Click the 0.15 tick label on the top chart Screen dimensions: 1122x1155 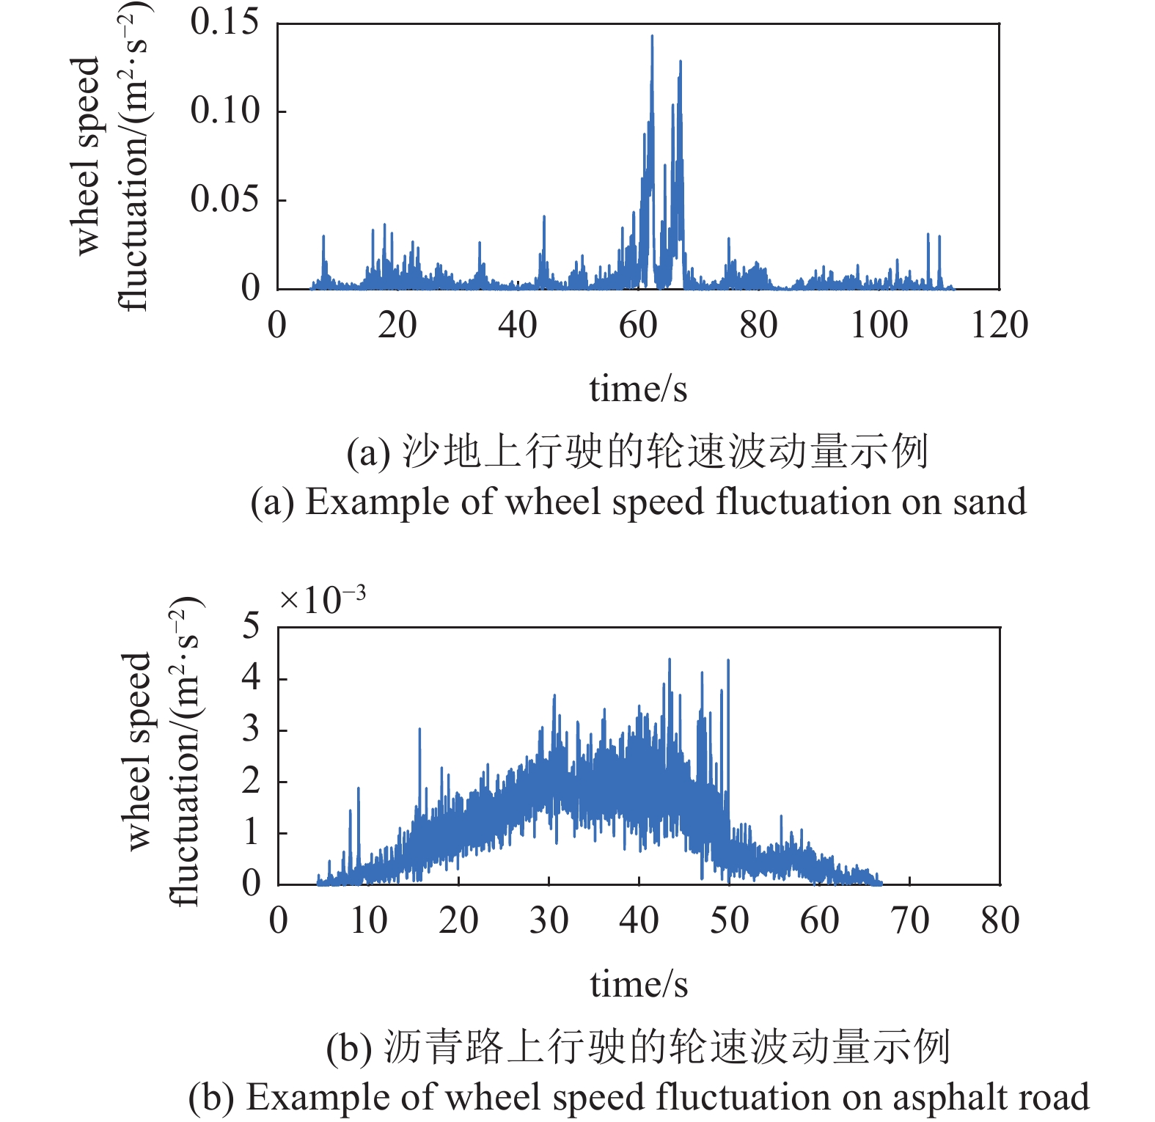[224, 22]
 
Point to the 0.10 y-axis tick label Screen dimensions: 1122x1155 [224, 111]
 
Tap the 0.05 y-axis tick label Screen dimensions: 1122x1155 [224, 199]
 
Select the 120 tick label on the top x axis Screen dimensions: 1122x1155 [999, 325]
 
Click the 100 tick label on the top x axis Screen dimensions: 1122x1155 [879, 325]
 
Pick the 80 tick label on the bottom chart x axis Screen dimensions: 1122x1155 [1000, 920]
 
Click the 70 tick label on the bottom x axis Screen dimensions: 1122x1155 [910, 920]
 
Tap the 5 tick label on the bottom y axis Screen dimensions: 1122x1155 [251, 626]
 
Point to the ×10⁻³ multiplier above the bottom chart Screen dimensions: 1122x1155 [322, 601]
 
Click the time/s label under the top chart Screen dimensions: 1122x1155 [638, 389]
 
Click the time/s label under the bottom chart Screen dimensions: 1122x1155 [639, 984]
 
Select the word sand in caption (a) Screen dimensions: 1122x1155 [989, 502]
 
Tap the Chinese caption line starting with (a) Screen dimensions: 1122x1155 [637, 452]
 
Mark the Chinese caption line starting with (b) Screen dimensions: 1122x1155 [638, 1047]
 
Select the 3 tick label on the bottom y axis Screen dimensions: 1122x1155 [251, 730]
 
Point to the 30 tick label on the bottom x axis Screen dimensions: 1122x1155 [549, 920]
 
